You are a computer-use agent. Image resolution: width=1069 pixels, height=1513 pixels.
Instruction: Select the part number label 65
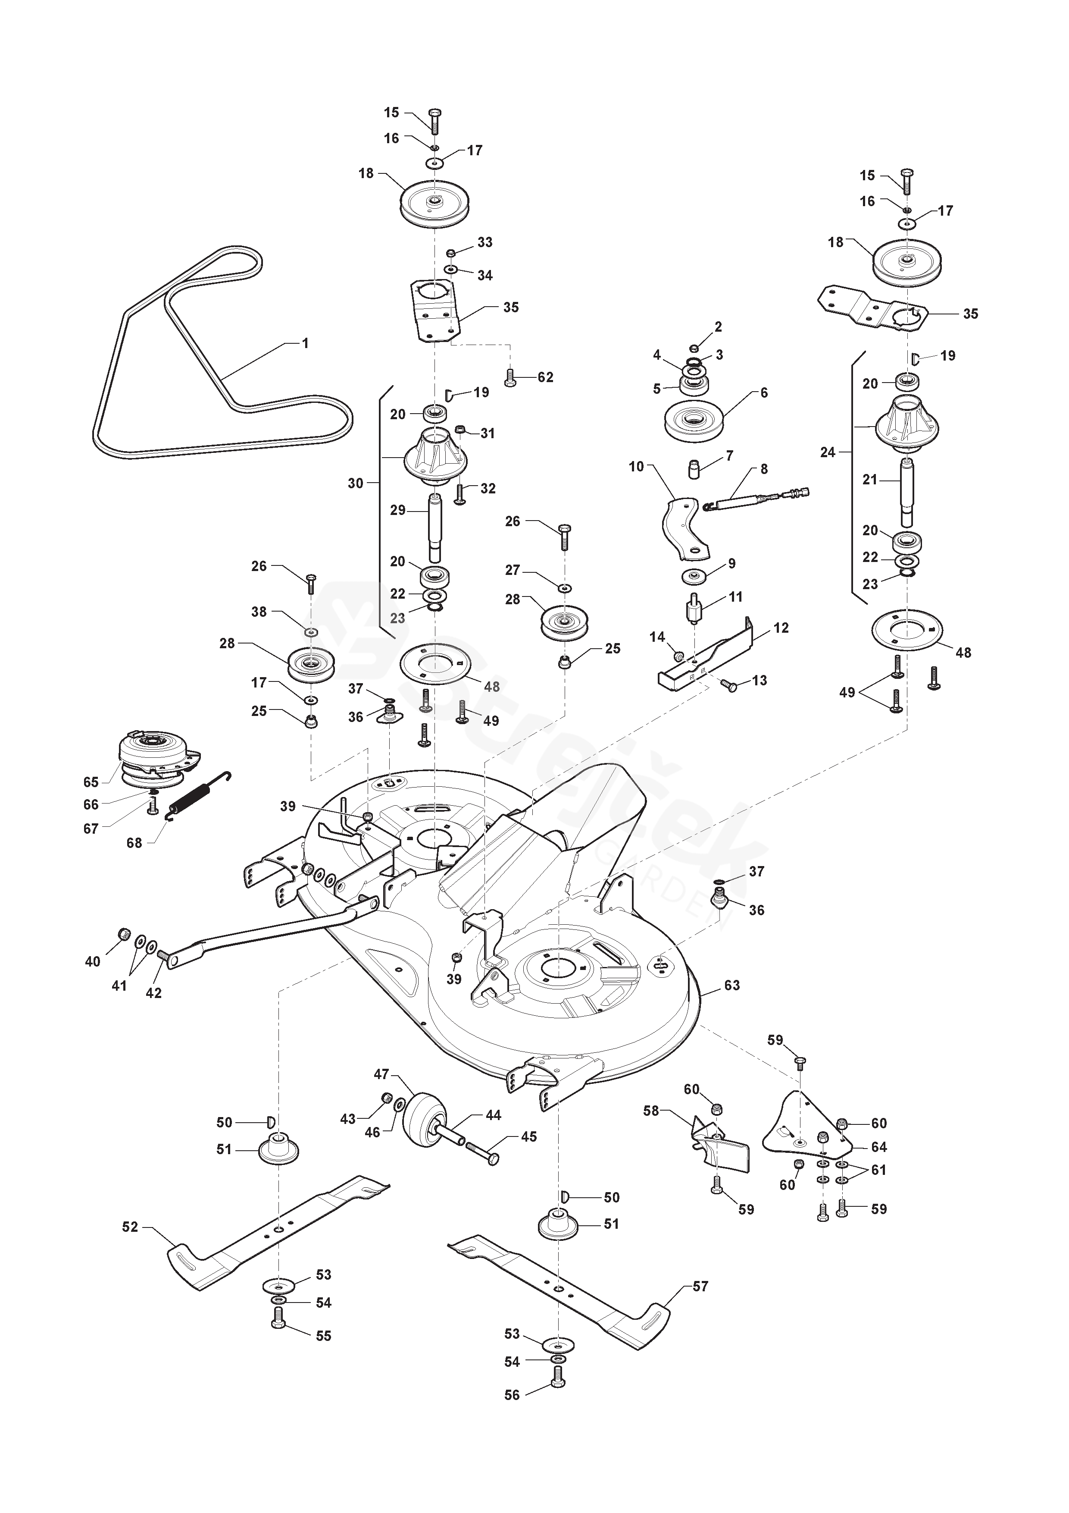[x=91, y=782]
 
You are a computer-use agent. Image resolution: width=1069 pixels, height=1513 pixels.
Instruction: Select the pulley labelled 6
[x=694, y=422]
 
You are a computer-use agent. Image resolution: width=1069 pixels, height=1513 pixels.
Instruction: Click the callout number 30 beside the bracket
[x=355, y=483]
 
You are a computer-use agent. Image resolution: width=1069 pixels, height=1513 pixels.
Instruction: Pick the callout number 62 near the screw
[x=545, y=377]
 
